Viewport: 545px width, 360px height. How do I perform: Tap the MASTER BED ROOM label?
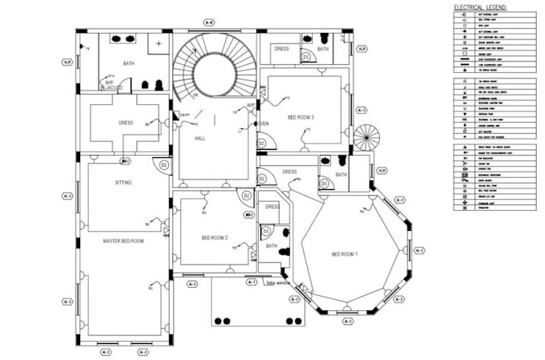[123, 241]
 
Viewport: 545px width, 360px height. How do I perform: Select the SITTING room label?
[123, 184]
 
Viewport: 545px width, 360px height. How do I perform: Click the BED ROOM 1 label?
[345, 255]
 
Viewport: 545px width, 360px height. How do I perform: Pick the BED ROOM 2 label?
[214, 238]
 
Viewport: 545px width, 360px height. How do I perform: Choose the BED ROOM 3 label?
[301, 118]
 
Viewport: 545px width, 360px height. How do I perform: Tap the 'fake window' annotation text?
[278, 284]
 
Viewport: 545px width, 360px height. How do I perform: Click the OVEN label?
[262, 123]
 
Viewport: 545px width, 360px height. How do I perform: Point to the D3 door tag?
[264, 231]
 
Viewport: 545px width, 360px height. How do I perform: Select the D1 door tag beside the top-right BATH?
[306, 58]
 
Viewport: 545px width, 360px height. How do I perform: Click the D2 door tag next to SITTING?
[164, 165]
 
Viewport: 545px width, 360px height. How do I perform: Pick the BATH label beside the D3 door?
[271, 246]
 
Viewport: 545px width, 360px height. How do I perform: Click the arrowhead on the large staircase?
[197, 96]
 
